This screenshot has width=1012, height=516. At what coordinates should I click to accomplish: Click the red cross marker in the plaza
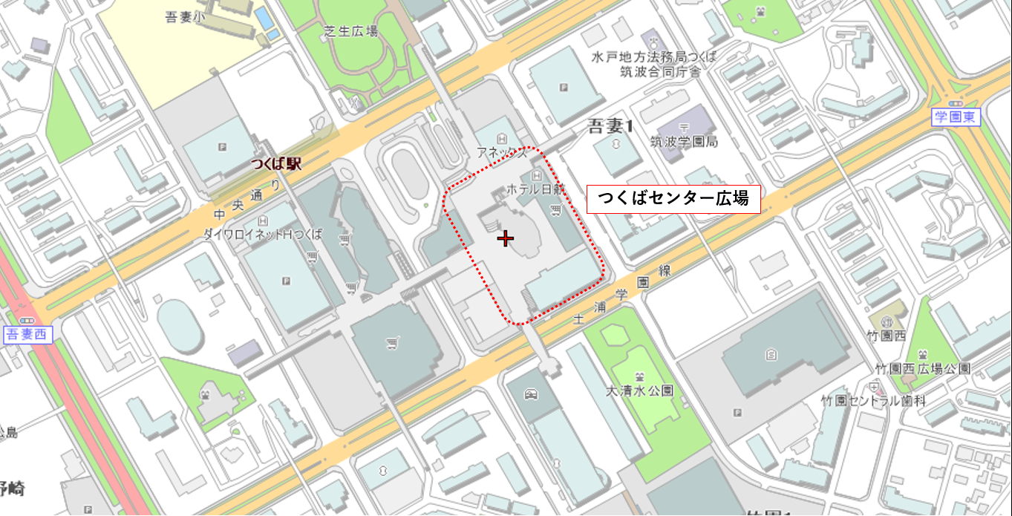point(505,238)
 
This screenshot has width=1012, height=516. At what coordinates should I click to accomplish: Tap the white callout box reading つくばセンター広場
point(673,199)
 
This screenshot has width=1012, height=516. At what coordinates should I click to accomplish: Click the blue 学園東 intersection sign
point(956,117)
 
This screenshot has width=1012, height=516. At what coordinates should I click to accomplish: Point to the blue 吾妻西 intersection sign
point(26,334)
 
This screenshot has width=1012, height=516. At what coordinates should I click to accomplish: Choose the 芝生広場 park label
point(350,31)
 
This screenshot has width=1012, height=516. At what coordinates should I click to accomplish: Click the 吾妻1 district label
point(610,126)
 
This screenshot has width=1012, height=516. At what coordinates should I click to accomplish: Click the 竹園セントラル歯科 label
point(872,400)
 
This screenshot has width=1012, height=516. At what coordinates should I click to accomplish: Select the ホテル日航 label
point(535,190)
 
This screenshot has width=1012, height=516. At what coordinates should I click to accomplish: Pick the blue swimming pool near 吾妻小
point(263,16)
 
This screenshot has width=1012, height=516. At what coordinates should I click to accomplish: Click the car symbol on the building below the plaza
point(530,393)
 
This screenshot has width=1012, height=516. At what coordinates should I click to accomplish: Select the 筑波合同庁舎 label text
point(660,72)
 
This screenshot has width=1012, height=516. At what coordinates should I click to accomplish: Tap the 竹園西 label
point(889,336)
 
